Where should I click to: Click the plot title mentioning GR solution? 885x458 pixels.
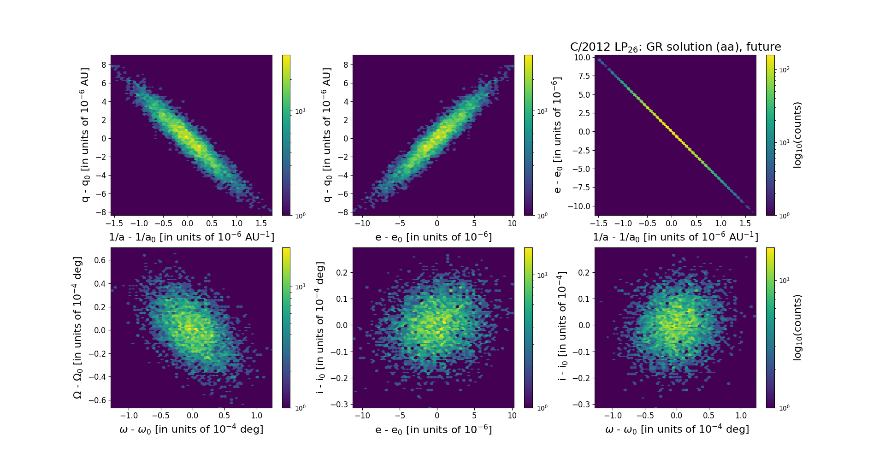(675, 47)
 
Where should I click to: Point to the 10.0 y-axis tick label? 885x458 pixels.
(582, 58)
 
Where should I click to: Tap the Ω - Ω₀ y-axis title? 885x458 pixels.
(78, 328)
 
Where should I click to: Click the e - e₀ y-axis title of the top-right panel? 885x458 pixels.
(557, 135)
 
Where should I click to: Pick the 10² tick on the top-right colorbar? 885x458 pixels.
(784, 70)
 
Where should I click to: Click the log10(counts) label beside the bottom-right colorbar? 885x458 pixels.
(798, 328)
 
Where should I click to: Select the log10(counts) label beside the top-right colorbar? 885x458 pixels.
(798, 135)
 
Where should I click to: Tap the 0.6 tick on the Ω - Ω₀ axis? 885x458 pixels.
(100, 260)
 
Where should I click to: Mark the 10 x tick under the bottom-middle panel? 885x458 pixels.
(512, 416)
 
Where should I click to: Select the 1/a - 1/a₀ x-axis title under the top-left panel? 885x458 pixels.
(191, 237)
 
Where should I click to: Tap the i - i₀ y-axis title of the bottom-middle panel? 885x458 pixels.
(320, 328)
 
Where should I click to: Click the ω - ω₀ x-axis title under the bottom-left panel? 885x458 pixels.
(191, 429)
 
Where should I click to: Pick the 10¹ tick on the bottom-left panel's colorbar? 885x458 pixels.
(300, 287)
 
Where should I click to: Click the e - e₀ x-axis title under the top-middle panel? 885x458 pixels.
(433, 237)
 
